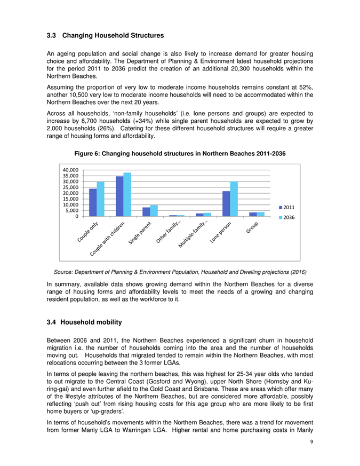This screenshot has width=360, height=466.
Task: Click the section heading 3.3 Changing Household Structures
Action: pos(105,36)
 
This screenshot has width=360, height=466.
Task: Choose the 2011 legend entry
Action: pos(287,207)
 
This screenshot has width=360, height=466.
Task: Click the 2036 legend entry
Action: pos(287,218)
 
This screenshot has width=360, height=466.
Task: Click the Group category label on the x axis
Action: pos(252,227)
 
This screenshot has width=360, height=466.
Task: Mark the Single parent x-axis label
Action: pos(141,233)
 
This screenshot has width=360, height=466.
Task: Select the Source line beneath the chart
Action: pos(179,270)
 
